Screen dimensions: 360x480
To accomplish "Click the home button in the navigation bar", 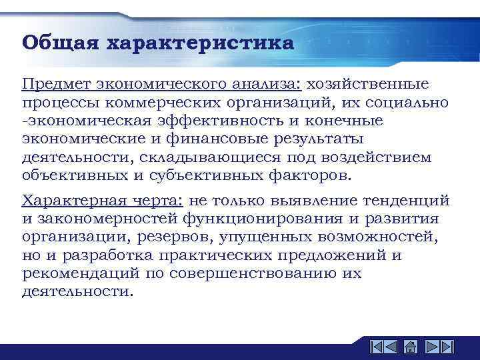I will coord(411,347).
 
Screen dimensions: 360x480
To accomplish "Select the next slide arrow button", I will coord(431,347).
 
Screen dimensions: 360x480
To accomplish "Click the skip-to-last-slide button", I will coord(447,347).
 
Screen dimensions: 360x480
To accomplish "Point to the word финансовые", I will coord(215,139).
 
